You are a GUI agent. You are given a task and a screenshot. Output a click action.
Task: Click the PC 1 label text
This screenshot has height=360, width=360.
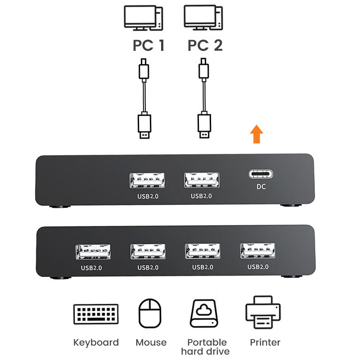148,45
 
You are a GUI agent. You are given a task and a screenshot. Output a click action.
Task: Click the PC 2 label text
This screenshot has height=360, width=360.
205,45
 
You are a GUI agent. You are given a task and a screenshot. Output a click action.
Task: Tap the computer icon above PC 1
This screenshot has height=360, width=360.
144,19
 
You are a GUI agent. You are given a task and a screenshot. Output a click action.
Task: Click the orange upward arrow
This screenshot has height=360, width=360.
256,135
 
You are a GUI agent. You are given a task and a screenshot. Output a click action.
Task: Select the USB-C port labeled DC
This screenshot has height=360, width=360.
261,175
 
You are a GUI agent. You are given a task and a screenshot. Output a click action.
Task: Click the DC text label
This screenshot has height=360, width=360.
261,186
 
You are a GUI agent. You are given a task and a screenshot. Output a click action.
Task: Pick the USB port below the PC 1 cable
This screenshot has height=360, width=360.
147,180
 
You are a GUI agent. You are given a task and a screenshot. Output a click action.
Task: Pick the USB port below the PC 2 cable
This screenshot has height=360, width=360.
202,180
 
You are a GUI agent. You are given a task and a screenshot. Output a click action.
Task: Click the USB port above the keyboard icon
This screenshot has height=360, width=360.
93,252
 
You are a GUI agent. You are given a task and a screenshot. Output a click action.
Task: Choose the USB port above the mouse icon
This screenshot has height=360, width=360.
148,251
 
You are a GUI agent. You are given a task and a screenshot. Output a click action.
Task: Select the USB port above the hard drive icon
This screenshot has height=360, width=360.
202,251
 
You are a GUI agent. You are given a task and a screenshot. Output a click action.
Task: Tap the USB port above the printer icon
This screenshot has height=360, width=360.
258,250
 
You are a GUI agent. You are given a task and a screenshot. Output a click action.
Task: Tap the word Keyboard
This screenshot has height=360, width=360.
96,342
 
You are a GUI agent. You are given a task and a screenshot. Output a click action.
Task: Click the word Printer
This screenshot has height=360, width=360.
265,342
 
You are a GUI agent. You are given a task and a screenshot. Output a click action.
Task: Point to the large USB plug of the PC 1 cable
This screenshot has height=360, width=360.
144,126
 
